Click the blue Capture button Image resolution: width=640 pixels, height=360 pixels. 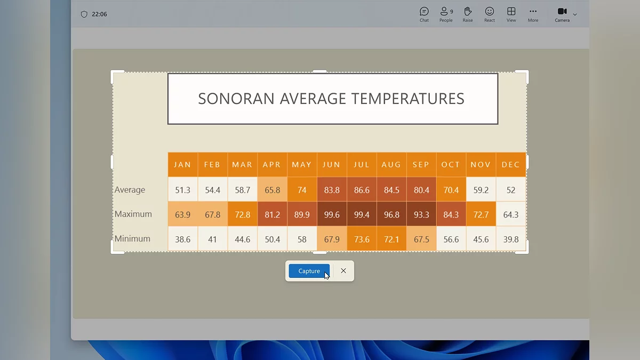pos(309,271)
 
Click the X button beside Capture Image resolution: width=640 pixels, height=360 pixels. pos(343,271)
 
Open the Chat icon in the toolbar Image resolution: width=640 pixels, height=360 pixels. pos(424,11)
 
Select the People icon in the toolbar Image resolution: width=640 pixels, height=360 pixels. pos(444,11)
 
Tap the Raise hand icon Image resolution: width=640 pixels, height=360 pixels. pos(468,11)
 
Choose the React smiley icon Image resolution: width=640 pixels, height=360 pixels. pos(490,11)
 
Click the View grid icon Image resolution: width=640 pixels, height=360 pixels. pos(511,11)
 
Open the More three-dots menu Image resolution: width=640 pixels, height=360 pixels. pos(533,11)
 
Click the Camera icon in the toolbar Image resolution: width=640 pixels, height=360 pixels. pos(562,11)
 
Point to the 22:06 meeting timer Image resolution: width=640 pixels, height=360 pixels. pos(99,14)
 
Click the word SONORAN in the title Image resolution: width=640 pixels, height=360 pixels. pos(236,99)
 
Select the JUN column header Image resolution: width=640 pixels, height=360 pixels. pos(332,165)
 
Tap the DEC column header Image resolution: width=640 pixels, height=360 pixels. pos(511,165)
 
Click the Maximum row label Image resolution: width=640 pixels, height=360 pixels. pos(133,214)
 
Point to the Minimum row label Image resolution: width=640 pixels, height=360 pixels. pos(132,238)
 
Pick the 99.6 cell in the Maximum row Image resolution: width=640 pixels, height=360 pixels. pos(332,214)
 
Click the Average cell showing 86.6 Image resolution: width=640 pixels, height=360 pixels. pos(362,190)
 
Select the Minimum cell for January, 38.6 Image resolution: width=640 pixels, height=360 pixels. pos(182,239)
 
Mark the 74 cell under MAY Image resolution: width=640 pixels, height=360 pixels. pos(302,190)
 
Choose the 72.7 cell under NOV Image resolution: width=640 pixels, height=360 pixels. pos(481,214)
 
